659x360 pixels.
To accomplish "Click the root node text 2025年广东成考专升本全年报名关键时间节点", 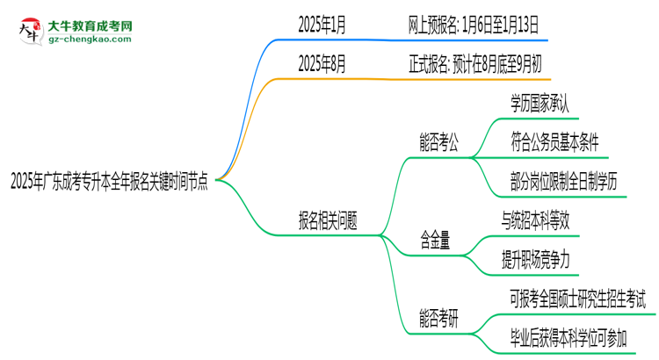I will tap(109, 183).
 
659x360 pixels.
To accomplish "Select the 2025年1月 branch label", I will tap(322, 26).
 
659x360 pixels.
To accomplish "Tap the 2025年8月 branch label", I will tap(322, 64).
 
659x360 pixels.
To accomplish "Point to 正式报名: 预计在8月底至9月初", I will tap(474, 64).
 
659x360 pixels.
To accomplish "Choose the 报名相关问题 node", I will tap(328, 220).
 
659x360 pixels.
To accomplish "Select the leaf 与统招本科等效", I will tap(540, 221).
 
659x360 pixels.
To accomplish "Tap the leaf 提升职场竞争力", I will tap(540, 260).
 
